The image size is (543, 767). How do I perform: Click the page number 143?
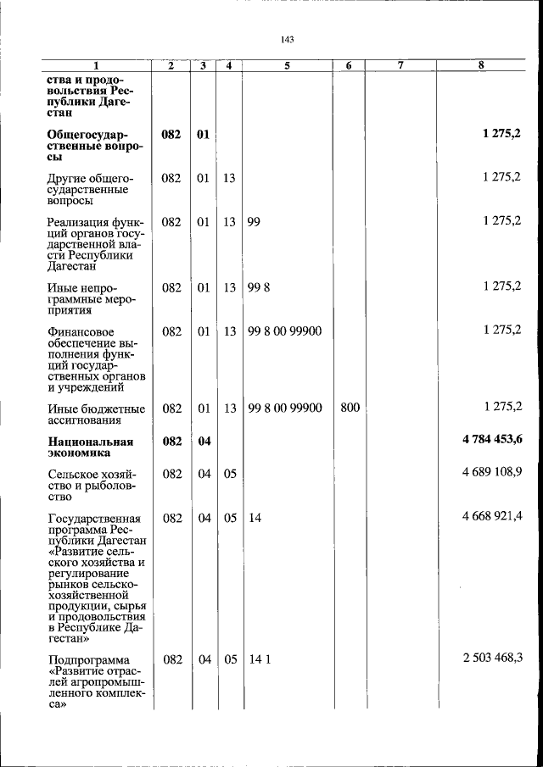pos(286,40)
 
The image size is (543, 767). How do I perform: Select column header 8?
pos(480,65)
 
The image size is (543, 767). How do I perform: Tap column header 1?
pos(95,65)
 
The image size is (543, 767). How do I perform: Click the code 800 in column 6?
pos(350,409)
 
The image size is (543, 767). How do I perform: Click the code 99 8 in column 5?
pos(259,287)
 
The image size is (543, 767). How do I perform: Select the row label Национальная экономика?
pos(91,447)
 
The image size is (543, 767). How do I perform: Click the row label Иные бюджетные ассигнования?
pos(96,414)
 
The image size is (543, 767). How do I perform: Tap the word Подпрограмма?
pos(89,661)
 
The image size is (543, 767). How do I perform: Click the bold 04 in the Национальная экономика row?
pos(204,441)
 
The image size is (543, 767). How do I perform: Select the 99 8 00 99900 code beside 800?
pos(285,409)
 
